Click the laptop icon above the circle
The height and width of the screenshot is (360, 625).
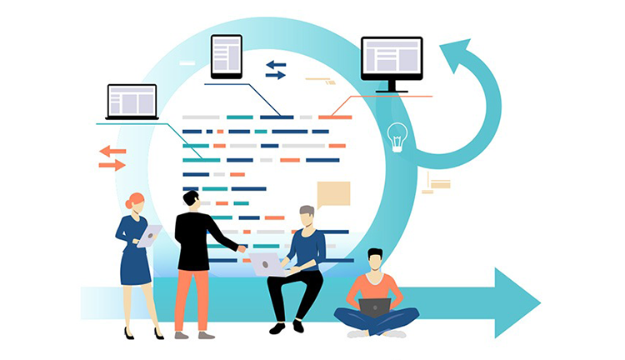click(132, 102)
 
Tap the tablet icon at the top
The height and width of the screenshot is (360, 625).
click(226, 56)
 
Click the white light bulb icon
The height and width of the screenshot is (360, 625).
click(397, 135)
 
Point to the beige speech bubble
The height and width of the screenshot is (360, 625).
click(332, 194)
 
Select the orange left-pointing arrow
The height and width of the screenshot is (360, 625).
click(112, 151)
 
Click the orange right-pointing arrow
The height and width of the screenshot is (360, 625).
click(112, 165)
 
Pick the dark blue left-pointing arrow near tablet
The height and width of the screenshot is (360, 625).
click(276, 64)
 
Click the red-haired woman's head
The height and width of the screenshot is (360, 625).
click(135, 202)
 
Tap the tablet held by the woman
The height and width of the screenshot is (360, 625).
click(149, 236)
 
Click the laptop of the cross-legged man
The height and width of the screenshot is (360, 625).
click(376, 307)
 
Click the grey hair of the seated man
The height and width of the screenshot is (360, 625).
click(307, 211)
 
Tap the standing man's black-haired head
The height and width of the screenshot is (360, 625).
click(192, 200)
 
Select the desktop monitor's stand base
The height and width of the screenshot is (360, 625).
click(392, 90)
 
